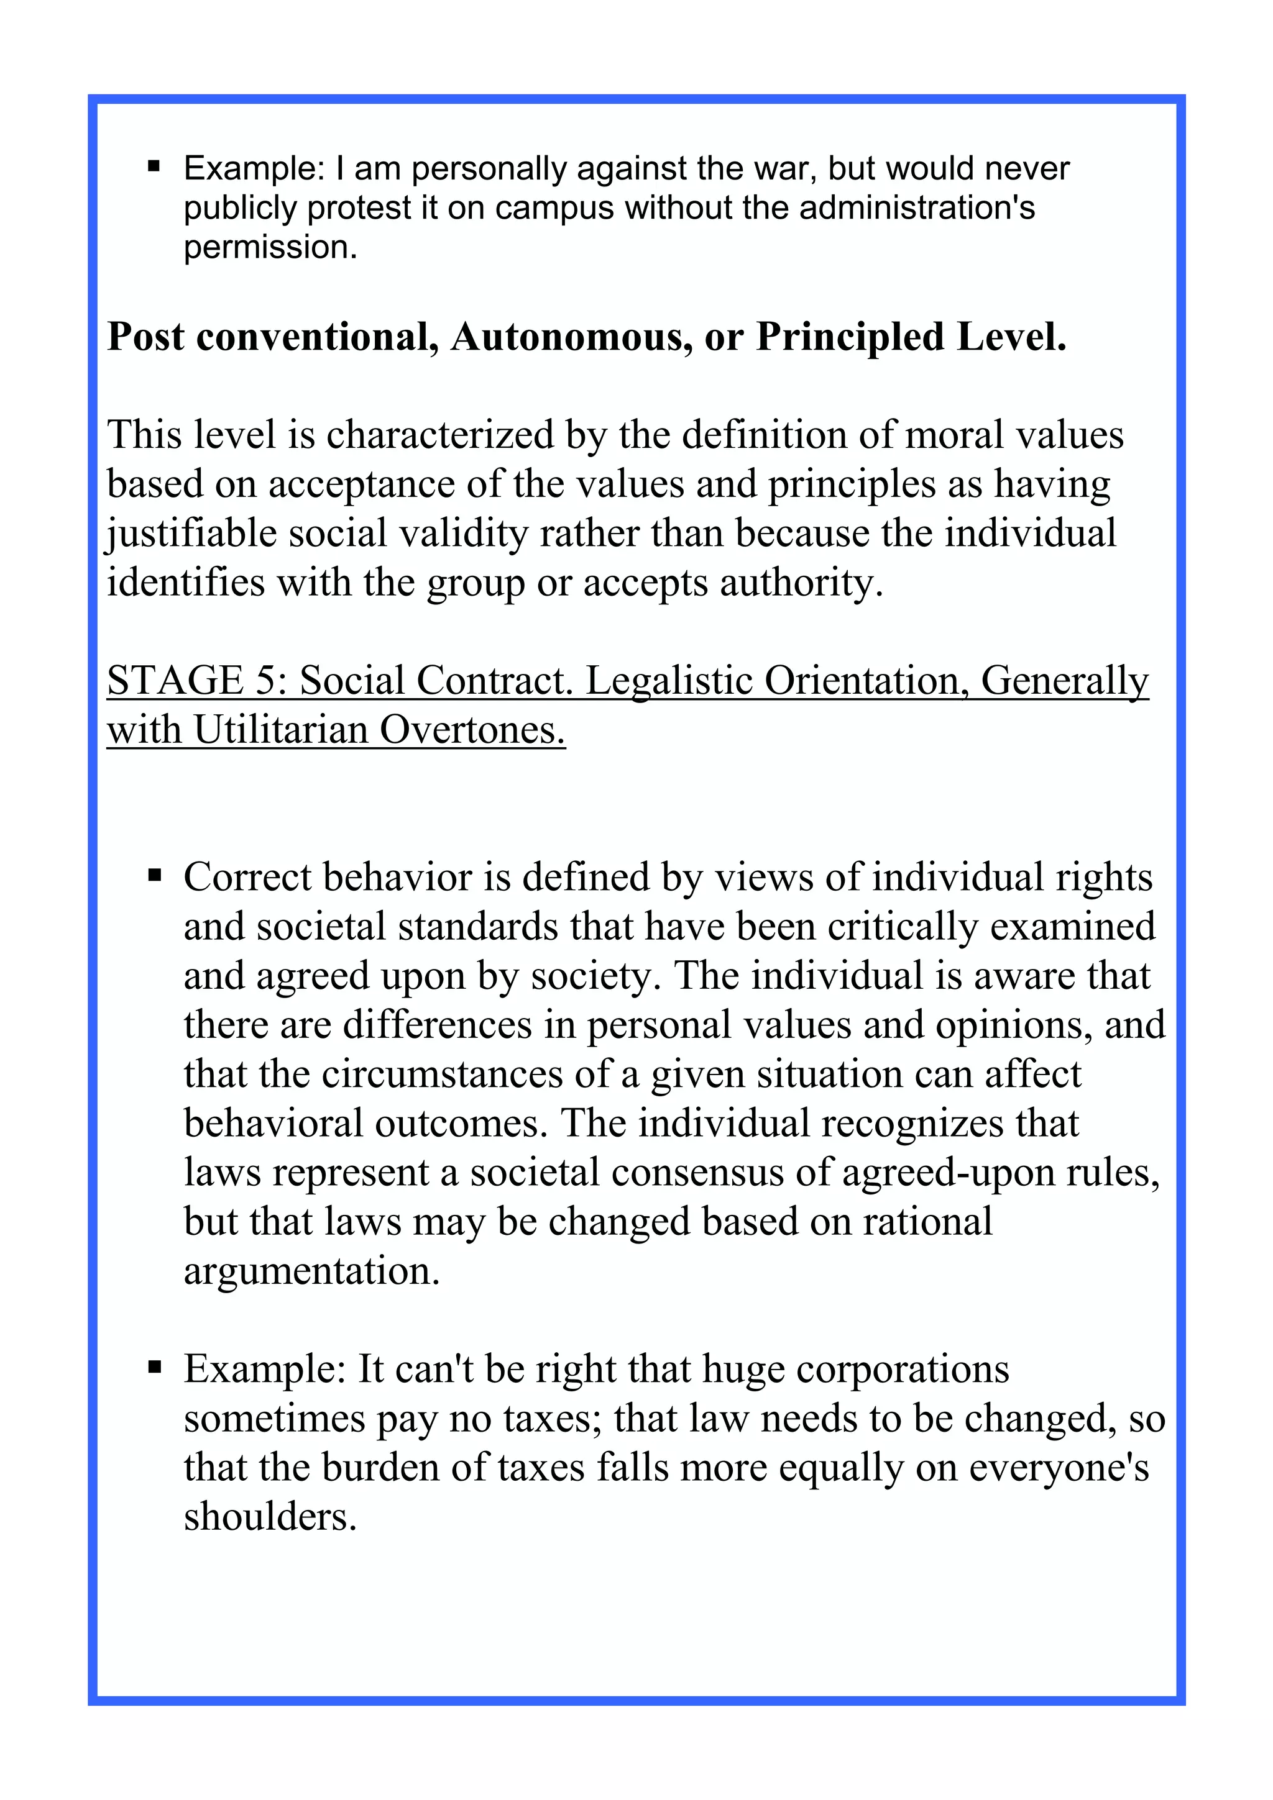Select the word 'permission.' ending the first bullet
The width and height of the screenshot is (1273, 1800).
coord(270,248)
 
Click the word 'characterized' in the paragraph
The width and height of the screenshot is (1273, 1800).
coord(440,435)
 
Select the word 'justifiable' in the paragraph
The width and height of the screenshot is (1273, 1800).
coord(191,534)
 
